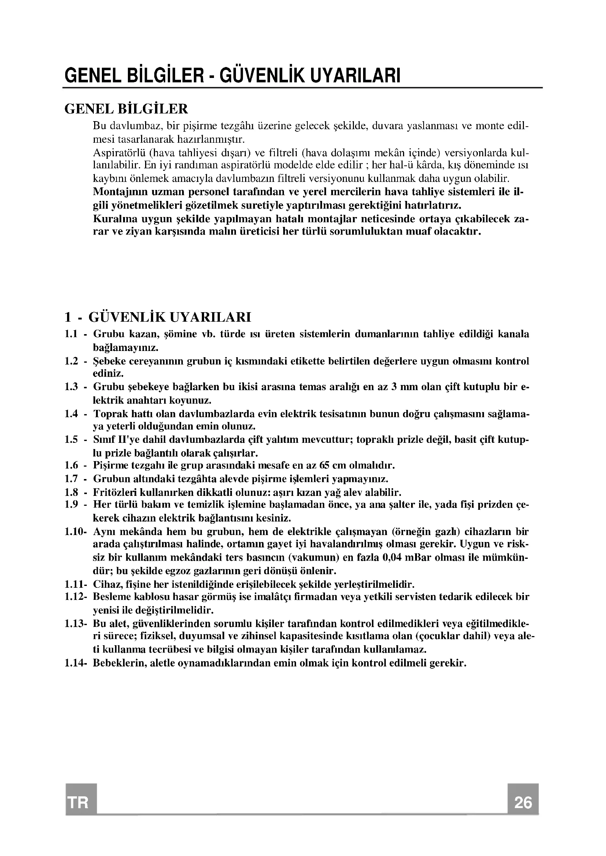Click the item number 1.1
[71, 334]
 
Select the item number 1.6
[71, 465]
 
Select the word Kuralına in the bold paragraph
[113, 218]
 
